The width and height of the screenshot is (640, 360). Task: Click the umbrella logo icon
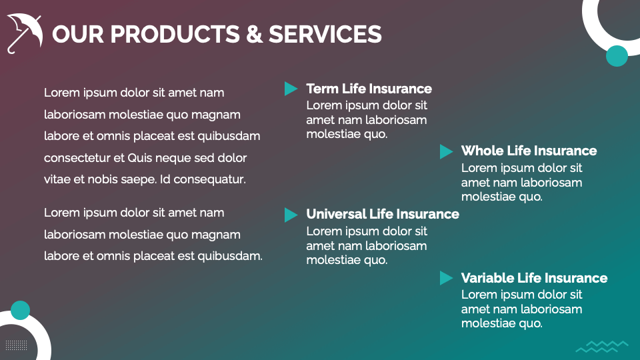point(25,32)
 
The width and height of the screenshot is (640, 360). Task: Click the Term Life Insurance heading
point(369,89)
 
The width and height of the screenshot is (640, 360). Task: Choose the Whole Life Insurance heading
point(529,151)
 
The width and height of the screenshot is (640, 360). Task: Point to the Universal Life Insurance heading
point(383,214)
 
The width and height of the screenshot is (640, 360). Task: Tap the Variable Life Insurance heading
point(534,278)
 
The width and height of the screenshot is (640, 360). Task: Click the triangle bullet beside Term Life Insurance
point(291,89)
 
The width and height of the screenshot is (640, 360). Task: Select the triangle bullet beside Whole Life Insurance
point(446,151)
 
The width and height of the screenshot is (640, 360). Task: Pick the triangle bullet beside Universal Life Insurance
point(291,215)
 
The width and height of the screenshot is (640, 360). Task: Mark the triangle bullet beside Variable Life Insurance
point(446,278)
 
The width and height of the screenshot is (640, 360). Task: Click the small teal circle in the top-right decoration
point(617,56)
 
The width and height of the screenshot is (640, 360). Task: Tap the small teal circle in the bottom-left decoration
point(21,310)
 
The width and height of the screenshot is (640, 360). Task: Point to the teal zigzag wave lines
point(601,346)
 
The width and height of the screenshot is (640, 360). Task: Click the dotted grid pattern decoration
point(16,345)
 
